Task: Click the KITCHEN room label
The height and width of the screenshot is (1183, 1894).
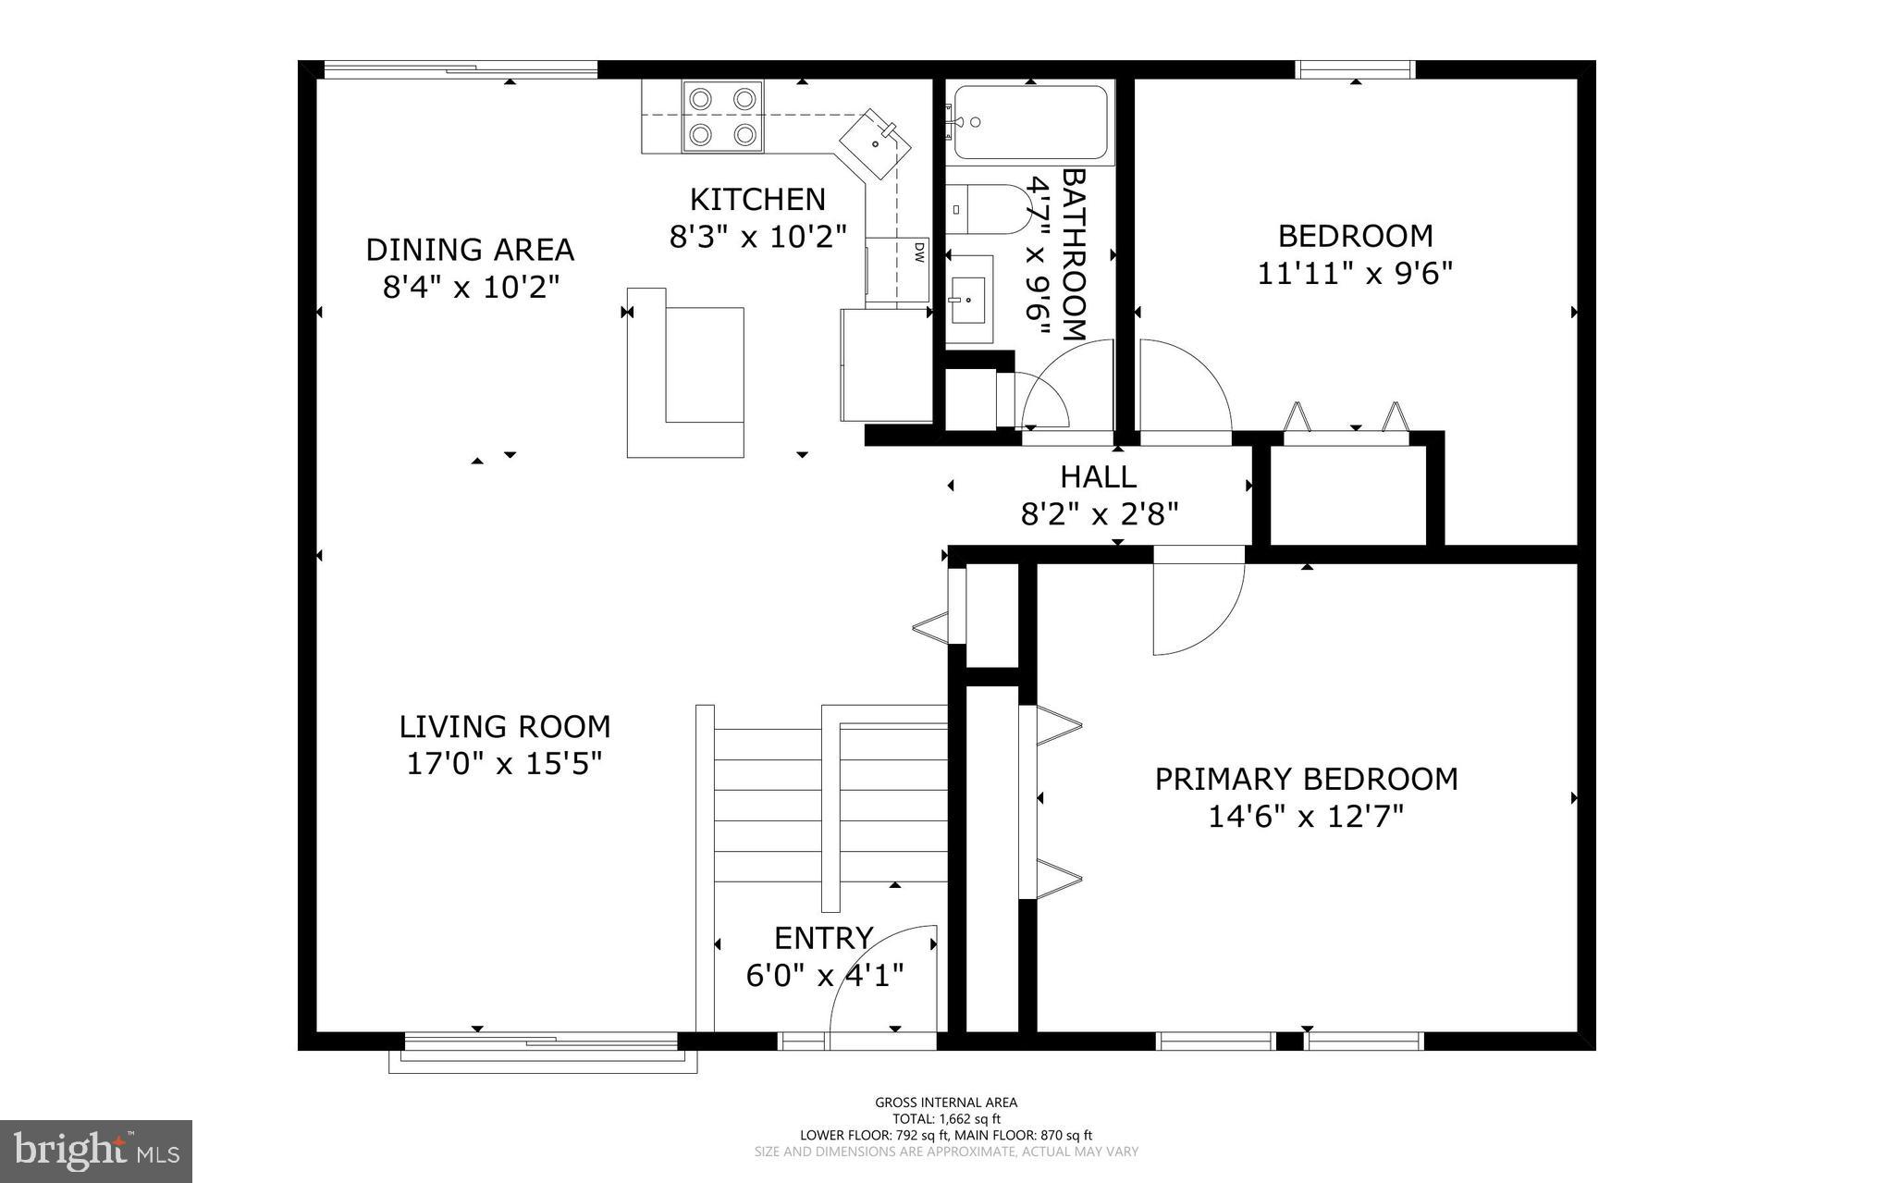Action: pyautogui.click(x=757, y=199)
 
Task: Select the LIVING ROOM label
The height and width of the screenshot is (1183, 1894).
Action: pyautogui.click(x=505, y=726)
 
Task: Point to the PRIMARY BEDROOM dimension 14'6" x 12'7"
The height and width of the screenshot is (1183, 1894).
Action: pyautogui.click(x=1306, y=817)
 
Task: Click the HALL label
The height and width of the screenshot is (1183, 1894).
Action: pyautogui.click(x=1098, y=477)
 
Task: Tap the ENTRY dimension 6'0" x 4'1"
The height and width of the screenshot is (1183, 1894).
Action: pyautogui.click(x=824, y=975)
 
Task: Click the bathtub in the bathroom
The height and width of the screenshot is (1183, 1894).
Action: pyautogui.click(x=1029, y=122)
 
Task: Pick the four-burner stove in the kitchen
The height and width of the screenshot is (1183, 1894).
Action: pyautogui.click(x=722, y=117)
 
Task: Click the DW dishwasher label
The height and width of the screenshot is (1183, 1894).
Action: pyautogui.click(x=919, y=252)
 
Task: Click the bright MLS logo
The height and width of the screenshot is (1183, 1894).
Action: pyautogui.click(x=96, y=1151)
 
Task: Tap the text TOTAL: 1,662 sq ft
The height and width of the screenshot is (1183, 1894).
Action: pyautogui.click(x=946, y=1118)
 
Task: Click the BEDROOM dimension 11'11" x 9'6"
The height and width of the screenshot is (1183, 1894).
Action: pyautogui.click(x=1355, y=274)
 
